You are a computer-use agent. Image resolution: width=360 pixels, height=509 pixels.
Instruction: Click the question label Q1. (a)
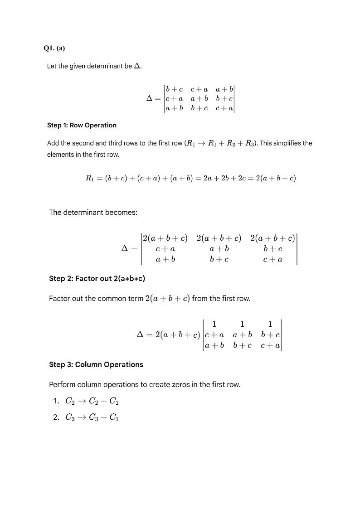54,48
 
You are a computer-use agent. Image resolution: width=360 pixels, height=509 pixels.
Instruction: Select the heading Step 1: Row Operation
82,125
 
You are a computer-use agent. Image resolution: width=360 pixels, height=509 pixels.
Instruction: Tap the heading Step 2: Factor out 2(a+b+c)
97,279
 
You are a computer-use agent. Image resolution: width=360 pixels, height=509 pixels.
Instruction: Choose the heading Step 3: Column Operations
96,364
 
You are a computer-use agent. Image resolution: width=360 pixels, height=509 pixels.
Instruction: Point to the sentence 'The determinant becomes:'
93,212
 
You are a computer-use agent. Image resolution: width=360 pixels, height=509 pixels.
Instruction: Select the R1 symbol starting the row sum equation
90,178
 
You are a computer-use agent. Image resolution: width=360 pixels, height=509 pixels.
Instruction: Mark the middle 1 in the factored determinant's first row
242,324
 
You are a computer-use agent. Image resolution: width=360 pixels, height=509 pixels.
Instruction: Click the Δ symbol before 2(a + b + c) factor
140,335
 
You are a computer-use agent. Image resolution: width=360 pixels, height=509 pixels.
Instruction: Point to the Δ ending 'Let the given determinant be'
138,66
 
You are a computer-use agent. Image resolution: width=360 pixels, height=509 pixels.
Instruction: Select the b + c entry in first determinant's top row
174,90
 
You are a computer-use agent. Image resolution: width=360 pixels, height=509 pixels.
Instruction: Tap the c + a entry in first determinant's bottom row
224,108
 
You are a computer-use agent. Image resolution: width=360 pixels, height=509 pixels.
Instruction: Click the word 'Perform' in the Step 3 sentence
62,385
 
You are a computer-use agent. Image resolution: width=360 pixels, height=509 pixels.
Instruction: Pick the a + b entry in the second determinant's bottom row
165,259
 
